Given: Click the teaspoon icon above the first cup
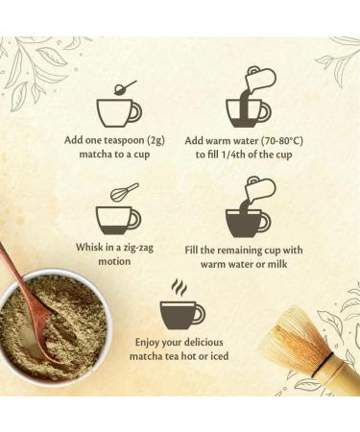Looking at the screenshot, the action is pos(126,87).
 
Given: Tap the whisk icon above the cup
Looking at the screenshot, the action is pos(125,191).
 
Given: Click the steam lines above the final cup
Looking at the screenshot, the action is pos(180,287).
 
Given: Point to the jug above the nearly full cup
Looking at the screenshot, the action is pos(259,191).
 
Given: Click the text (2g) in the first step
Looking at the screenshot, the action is pos(156,140).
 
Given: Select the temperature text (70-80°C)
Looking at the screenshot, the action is pos(281,141).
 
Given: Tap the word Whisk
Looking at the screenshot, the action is pos(87,247).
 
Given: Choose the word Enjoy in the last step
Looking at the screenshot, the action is pos(147,343).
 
